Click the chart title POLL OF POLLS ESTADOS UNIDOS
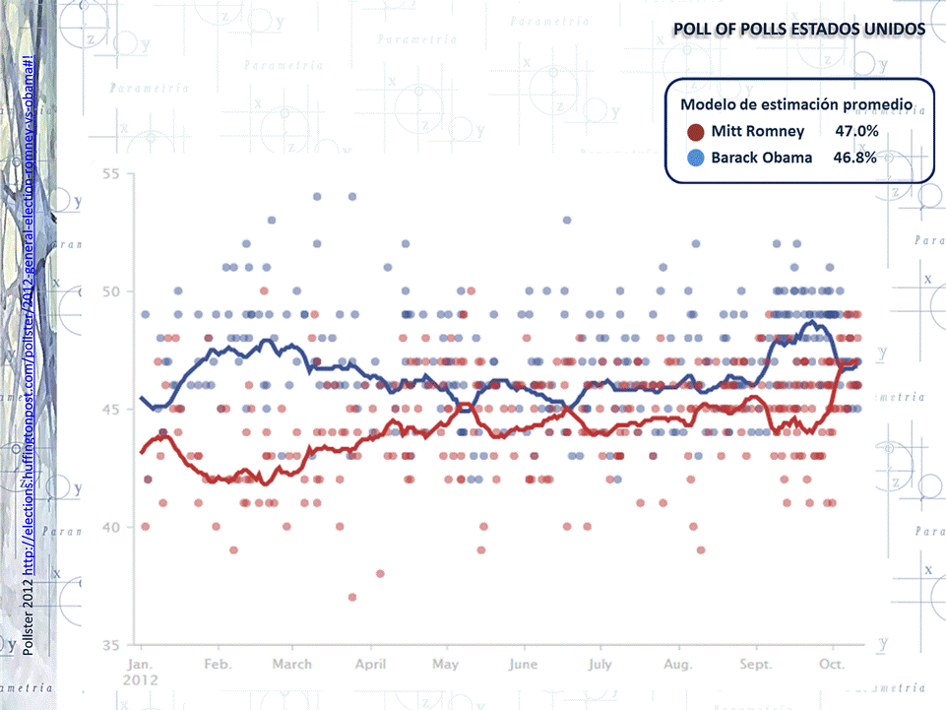tap(798, 30)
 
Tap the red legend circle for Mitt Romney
tap(695, 132)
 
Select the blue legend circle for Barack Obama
tap(696, 158)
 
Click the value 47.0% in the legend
tap(856, 131)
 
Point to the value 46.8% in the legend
tap(855, 158)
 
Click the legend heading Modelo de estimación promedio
tap(795, 104)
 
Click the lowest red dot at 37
tap(351, 597)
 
